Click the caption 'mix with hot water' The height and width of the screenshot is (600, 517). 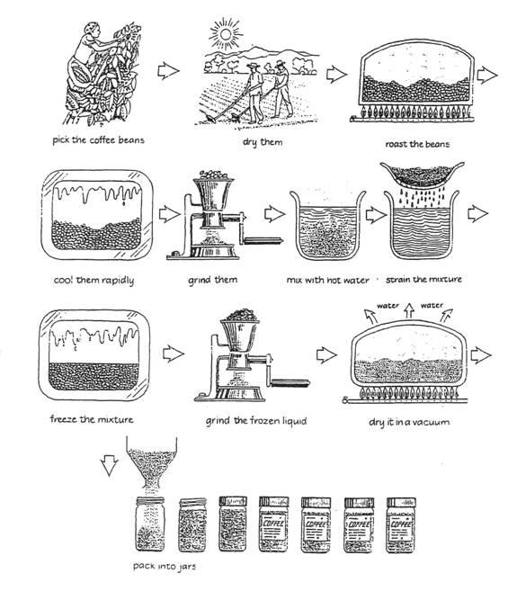point(321,280)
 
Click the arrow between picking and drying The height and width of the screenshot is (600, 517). point(168,69)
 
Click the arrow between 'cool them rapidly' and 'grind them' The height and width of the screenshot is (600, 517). point(167,215)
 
